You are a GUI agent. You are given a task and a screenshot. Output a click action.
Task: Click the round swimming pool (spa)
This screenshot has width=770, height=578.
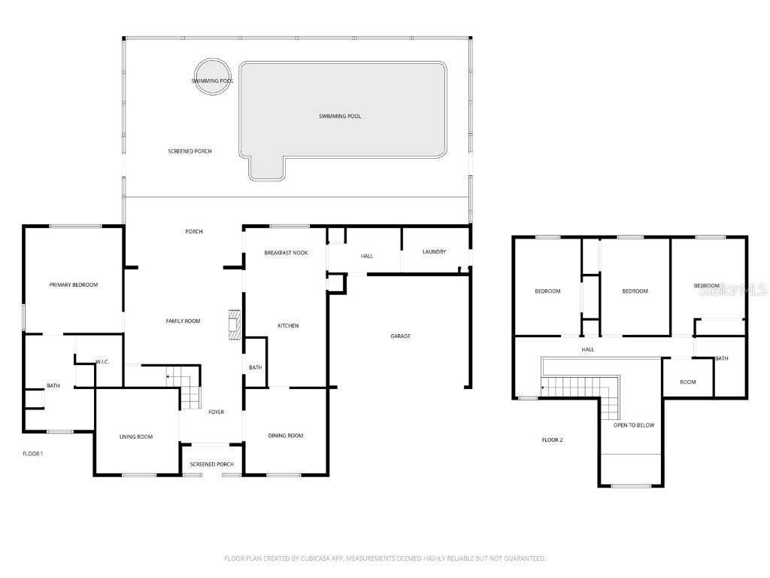tap(211, 78)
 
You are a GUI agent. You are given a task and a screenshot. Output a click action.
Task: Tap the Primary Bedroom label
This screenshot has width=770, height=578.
tap(74, 284)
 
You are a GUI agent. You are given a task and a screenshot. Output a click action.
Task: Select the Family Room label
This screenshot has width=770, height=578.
tap(183, 321)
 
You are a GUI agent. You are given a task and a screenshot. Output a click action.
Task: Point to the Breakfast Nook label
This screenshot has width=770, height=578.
tap(286, 253)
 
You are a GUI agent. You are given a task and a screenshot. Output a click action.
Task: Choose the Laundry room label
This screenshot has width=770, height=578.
tap(434, 251)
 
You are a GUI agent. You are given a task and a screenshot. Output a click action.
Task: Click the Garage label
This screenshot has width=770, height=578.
tap(400, 336)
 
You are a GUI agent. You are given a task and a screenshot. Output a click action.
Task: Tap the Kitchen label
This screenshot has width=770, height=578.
tap(288, 326)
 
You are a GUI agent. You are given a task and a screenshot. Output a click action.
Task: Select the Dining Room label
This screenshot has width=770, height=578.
tap(286, 436)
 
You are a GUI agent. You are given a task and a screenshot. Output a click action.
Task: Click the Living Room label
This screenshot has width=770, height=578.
tap(136, 437)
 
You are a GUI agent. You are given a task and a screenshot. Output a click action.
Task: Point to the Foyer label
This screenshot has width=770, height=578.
tap(216, 412)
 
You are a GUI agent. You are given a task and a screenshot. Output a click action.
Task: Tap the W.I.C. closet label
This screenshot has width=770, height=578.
tap(102, 362)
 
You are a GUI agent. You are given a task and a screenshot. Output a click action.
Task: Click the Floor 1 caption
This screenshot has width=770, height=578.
tap(33, 454)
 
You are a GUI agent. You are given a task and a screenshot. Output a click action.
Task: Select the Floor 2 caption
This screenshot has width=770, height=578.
tap(552, 440)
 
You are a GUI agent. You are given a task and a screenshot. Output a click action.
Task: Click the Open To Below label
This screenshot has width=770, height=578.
tap(634, 425)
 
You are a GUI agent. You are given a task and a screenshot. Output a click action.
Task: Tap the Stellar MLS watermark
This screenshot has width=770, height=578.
tap(732, 289)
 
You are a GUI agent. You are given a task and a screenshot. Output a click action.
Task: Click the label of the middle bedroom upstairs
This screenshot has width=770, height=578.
tap(635, 291)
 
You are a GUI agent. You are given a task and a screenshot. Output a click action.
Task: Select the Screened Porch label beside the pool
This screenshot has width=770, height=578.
tap(189, 151)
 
